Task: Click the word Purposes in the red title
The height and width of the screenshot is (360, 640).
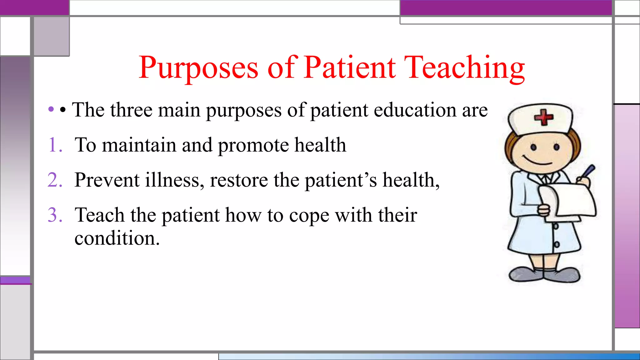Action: tap(199, 68)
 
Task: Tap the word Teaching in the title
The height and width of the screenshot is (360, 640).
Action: tap(465, 68)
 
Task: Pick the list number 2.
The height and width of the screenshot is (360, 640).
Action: tap(55, 180)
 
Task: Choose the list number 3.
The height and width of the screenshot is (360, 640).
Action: tap(55, 215)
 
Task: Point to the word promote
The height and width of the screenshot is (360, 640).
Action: tap(253, 146)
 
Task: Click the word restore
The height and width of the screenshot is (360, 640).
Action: tap(239, 181)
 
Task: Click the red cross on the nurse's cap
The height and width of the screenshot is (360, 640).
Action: tap(543, 117)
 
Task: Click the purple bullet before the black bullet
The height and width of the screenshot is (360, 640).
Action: tap(51, 109)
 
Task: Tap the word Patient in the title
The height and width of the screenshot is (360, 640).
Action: tap(350, 68)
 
